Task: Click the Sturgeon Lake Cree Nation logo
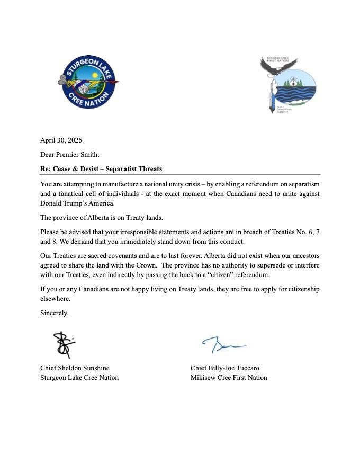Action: coord(88,83)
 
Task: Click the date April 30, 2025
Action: coord(61,140)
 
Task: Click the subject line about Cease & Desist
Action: coord(101,169)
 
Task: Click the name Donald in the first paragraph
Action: coord(53,203)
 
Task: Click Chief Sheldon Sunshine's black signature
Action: coord(65,344)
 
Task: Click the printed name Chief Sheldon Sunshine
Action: coord(75,368)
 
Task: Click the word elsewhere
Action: coord(55,299)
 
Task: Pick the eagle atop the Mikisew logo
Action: coord(277,66)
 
